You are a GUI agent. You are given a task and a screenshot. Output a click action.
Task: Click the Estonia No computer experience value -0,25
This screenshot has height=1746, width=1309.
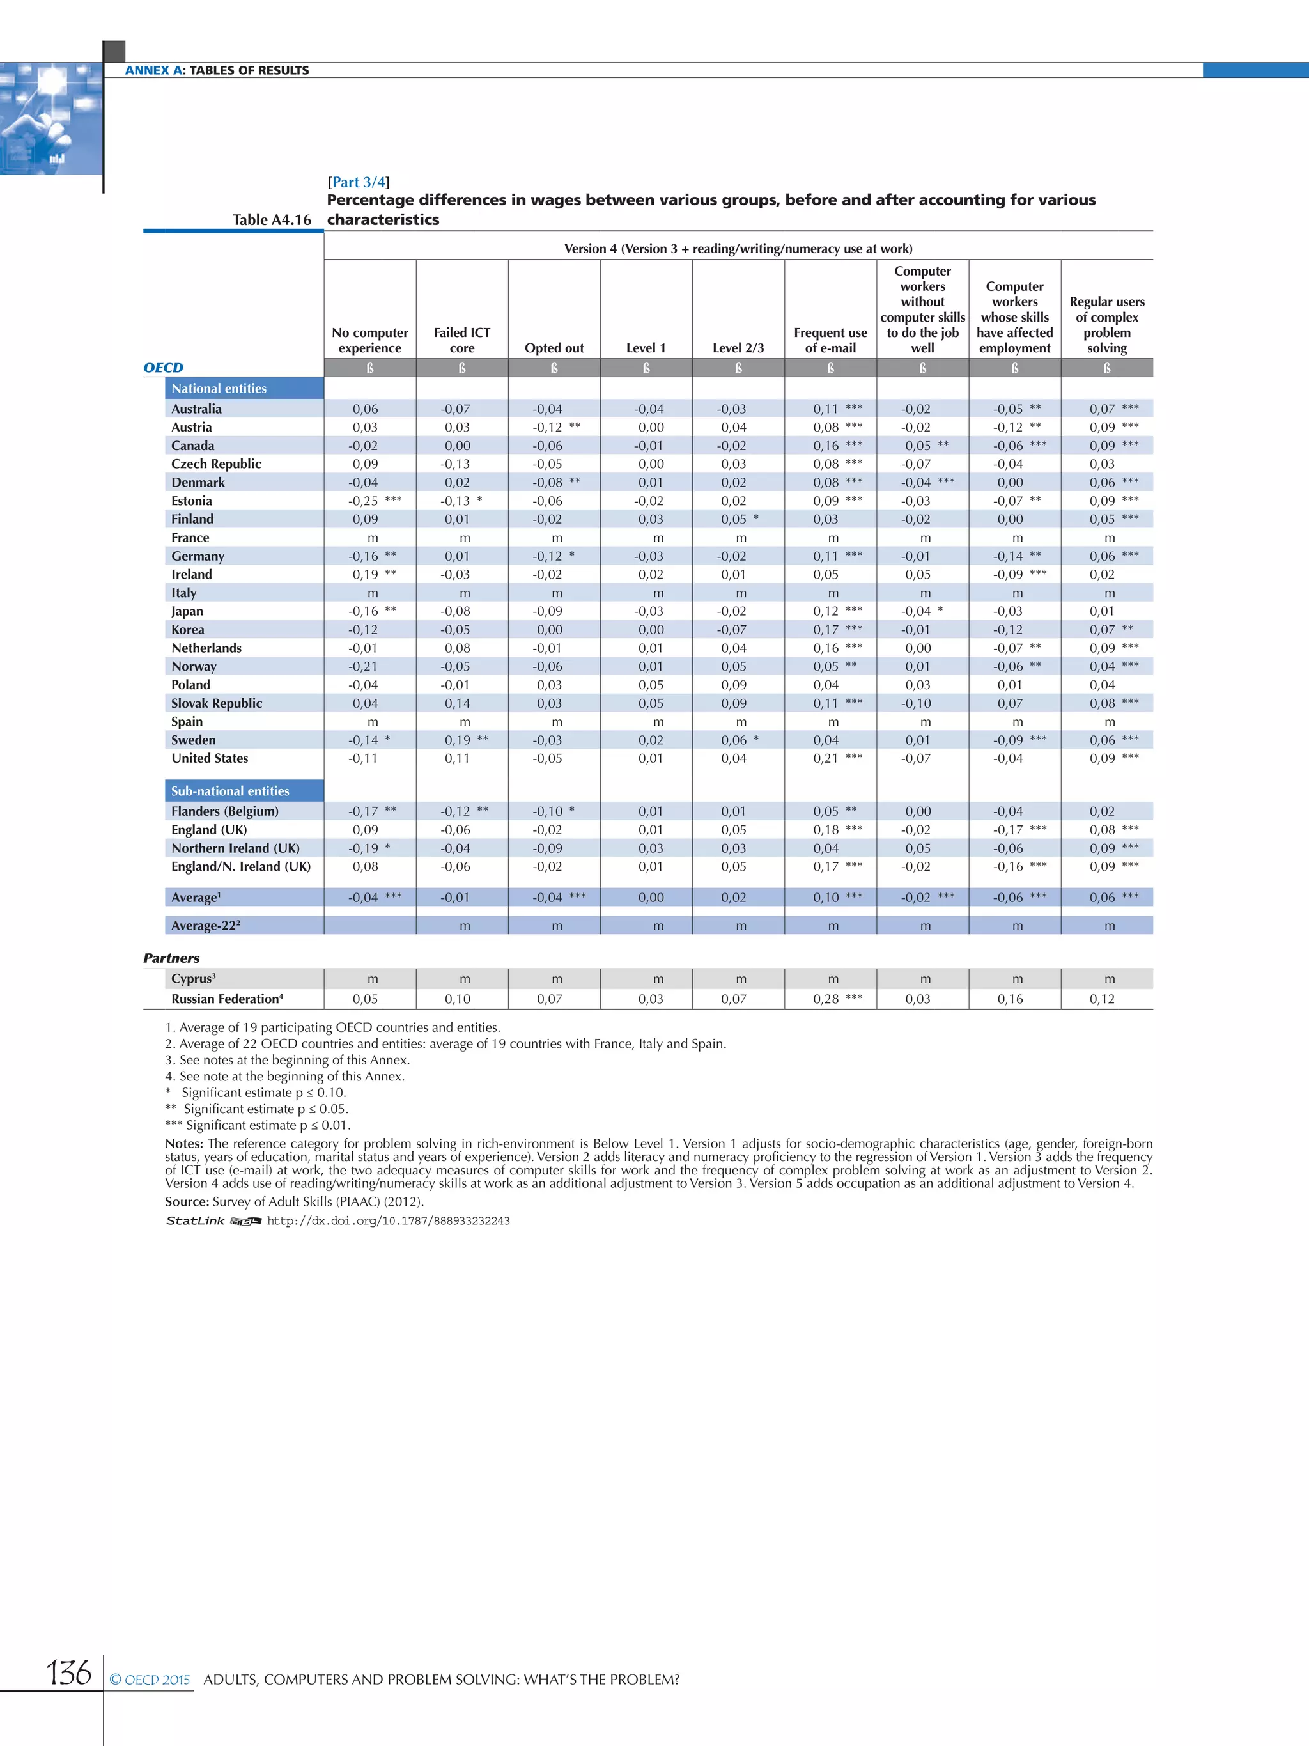[x=364, y=501]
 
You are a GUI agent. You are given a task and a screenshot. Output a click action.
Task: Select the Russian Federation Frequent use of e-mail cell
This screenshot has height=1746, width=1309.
[x=830, y=999]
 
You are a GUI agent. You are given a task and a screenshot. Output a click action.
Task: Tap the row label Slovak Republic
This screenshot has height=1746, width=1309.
[x=216, y=703]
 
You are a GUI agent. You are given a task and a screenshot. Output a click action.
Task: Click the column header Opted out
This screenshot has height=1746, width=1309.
[x=554, y=348]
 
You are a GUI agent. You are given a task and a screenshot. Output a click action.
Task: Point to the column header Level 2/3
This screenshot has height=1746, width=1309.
[x=738, y=348]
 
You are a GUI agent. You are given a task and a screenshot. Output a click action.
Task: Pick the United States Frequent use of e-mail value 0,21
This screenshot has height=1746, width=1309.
[x=826, y=758]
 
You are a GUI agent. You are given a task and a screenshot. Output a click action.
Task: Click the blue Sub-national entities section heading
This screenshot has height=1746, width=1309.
[x=230, y=791]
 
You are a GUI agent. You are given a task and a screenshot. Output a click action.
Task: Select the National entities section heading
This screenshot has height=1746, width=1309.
[x=219, y=388]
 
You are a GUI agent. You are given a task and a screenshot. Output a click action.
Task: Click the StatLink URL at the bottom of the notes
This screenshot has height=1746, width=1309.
[x=388, y=1220]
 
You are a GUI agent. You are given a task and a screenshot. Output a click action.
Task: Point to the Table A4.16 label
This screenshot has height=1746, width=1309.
[x=272, y=220]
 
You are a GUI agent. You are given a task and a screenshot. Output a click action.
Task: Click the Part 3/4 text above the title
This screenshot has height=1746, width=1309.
[x=358, y=182]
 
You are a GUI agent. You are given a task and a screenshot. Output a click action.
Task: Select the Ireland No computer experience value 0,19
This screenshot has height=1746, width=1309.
[x=366, y=575]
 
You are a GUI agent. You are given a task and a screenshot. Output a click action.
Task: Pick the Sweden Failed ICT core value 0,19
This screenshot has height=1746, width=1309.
[x=457, y=740]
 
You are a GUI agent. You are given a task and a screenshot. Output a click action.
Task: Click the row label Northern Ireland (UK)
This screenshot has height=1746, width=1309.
[x=235, y=848]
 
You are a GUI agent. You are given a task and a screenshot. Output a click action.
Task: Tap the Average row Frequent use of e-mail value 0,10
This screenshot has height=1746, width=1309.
[x=826, y=898]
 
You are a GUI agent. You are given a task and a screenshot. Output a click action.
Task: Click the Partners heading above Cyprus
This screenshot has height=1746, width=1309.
[x=171, y=958]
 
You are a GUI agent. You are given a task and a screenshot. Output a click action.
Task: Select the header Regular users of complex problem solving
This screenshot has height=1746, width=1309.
[x=1106, y=324]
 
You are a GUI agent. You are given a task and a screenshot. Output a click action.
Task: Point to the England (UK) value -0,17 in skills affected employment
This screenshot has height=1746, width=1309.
[x=1007, y=830]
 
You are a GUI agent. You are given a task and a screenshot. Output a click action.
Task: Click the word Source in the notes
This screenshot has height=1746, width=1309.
[x=186, y=1201]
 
